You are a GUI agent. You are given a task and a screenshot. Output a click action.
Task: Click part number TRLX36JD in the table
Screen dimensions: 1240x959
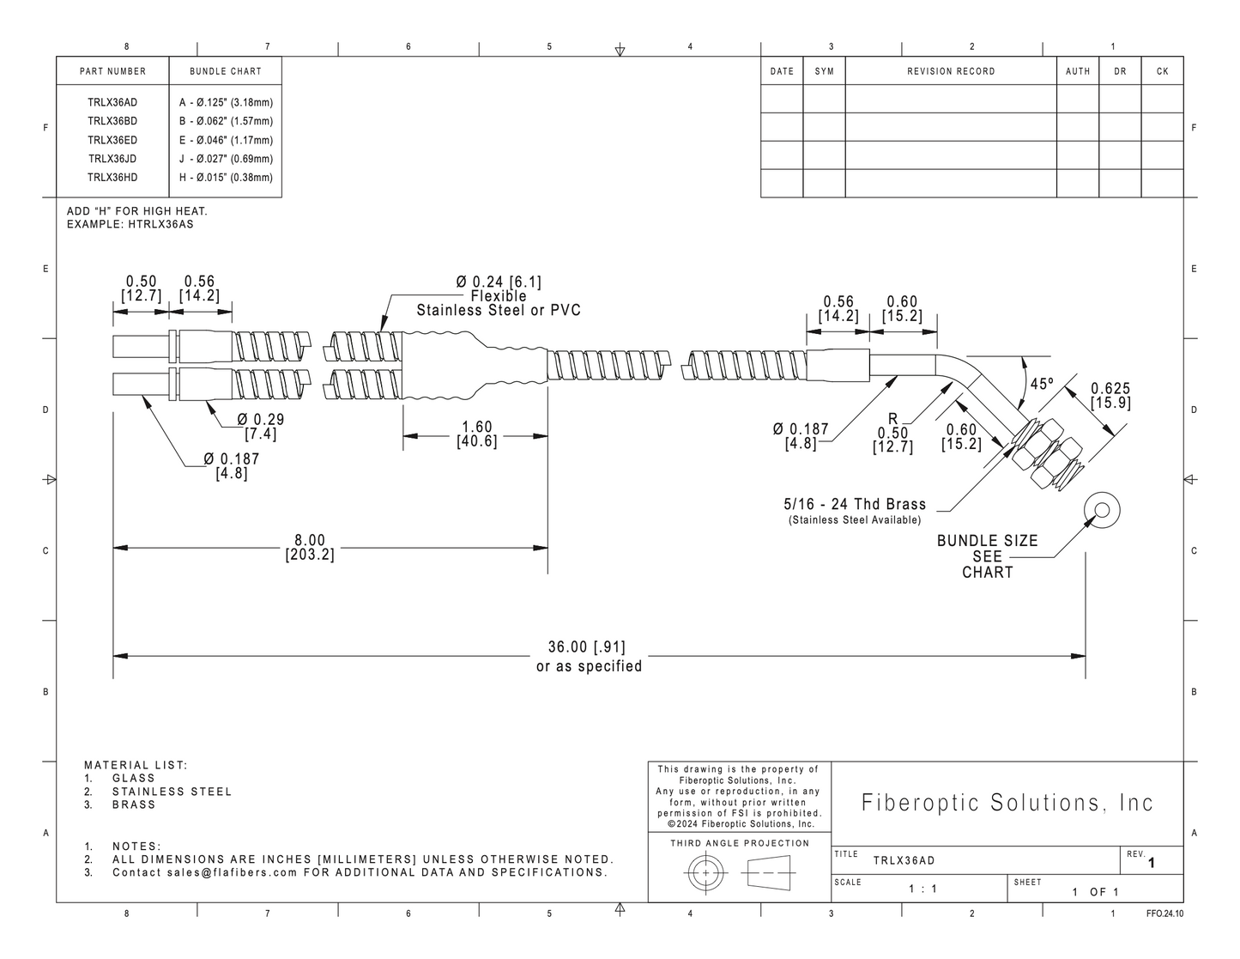[x=112, y=159]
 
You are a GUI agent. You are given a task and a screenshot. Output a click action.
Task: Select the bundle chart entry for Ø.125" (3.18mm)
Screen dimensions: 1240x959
[x=226, y=103]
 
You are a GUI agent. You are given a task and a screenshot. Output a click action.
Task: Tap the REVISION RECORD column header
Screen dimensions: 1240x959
[x=951, y=71]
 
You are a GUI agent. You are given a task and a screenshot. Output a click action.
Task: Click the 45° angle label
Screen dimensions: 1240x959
[x=1042, y=384]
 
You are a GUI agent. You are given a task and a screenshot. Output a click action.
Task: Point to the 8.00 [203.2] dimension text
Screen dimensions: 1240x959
[x=310, y=548]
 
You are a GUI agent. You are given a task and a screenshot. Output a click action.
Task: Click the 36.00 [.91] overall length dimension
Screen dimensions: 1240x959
[x=587, y=646]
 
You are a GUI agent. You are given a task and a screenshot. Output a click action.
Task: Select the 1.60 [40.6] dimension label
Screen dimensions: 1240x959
[x=476, y=434]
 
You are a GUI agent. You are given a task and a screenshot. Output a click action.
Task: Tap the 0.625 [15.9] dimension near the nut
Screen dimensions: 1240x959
[x=1110, y=396]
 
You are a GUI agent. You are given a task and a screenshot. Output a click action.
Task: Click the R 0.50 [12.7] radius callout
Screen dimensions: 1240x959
[x=892, y=434]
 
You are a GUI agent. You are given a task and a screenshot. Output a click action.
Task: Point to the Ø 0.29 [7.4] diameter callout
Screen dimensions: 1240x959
[x=261, y=427]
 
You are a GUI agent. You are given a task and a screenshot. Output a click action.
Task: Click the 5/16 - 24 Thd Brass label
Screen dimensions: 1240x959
[x=854, y=504]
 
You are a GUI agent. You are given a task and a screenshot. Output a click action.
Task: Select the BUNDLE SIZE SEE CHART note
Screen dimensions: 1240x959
[x=987, y=556]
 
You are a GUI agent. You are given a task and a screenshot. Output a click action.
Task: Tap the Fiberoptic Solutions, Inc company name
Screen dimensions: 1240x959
[x=1007, y=803]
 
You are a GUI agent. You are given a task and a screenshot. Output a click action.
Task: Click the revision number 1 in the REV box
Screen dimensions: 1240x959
[x=1151, y=863]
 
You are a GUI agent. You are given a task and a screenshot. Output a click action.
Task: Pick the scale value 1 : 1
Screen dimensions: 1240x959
[x=922, y=889]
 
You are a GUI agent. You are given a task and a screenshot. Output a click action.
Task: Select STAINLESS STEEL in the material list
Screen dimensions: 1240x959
[x=172, y=792]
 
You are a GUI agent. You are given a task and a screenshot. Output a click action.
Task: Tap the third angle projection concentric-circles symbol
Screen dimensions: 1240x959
[x=706, y=873]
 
